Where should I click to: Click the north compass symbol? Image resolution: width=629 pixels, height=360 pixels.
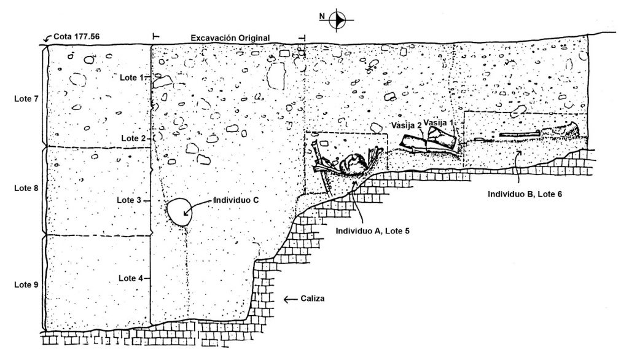[338, 19]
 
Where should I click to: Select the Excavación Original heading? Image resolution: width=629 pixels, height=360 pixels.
[230, 38]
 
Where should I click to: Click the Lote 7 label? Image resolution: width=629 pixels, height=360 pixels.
[26, 99]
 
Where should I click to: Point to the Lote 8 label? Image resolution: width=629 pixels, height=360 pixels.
[26, 188]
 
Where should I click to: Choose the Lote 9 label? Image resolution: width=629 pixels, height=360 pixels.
[26, 285]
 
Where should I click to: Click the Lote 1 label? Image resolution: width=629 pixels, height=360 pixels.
[131, 77]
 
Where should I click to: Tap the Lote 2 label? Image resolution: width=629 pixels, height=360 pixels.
[133, 138]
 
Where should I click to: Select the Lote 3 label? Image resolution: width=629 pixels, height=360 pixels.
[129, 200]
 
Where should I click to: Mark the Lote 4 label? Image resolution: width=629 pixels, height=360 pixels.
[131, 278]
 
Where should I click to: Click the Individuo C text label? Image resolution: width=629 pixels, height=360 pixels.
[236, 200]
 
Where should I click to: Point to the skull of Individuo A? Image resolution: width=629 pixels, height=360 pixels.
[352, 165]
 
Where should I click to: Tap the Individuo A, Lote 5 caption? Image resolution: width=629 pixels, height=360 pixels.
[372, 231]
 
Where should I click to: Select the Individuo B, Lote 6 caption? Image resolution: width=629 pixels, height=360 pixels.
[525, 194]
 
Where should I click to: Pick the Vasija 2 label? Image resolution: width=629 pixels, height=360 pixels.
[407, 125]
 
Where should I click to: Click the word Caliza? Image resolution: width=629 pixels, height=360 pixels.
[313, 299]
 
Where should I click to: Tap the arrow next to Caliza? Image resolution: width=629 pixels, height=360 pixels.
[291, 299]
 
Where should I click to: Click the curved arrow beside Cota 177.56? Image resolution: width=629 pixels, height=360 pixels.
[47, 38]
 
